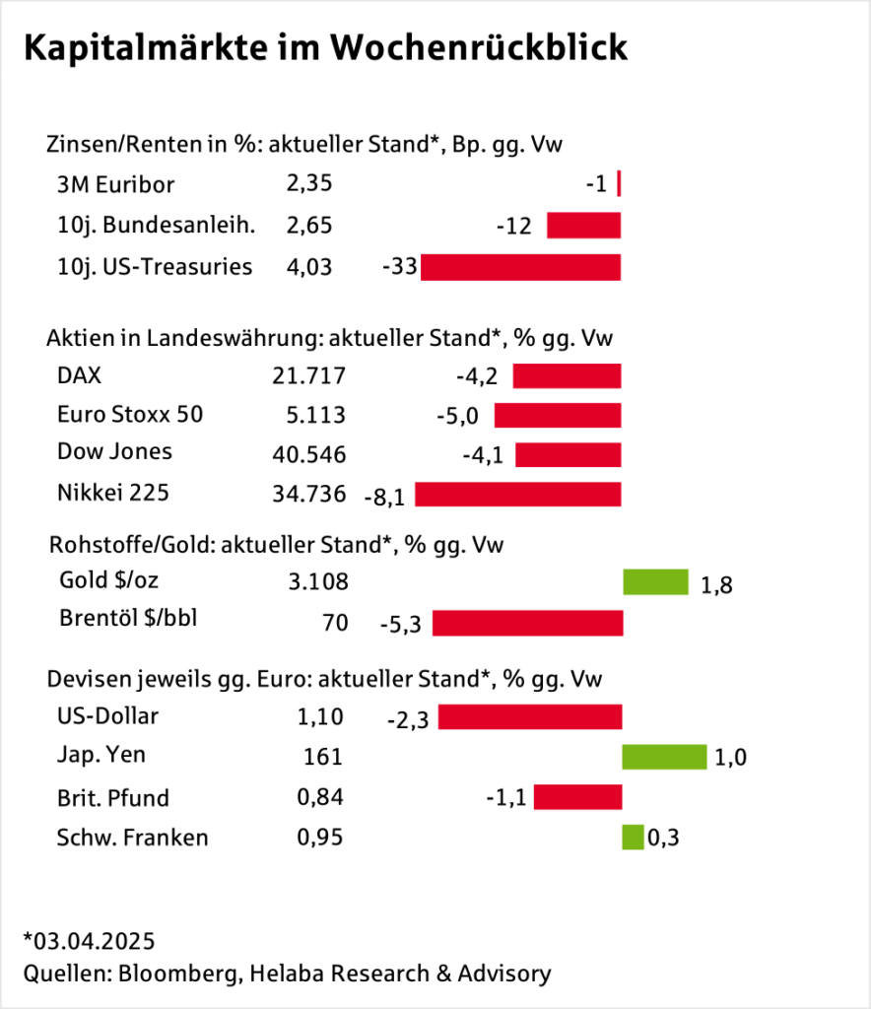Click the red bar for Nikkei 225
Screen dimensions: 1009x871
[517, 494]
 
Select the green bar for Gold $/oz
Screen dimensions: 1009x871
[655, 582]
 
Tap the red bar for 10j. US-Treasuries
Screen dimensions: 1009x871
[520, 267]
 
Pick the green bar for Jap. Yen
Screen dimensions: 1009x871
[664, 757]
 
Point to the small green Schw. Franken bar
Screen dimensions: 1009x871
[633, 838]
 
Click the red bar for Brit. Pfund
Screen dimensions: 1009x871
[577, 796]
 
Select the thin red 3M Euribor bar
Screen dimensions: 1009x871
[618, 184]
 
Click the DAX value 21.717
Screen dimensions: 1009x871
[308, 375]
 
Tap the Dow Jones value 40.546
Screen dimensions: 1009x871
[308, 454]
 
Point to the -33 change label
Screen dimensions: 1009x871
[399, 267]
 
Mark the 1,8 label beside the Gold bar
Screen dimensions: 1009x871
[716, 585]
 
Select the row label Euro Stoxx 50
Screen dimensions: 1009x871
[130, 414]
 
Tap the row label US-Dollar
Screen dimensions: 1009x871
[107, 715]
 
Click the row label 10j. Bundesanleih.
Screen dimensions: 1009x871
[156, 225]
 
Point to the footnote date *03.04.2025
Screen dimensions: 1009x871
[89, 938]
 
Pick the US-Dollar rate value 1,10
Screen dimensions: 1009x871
[319, 716]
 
